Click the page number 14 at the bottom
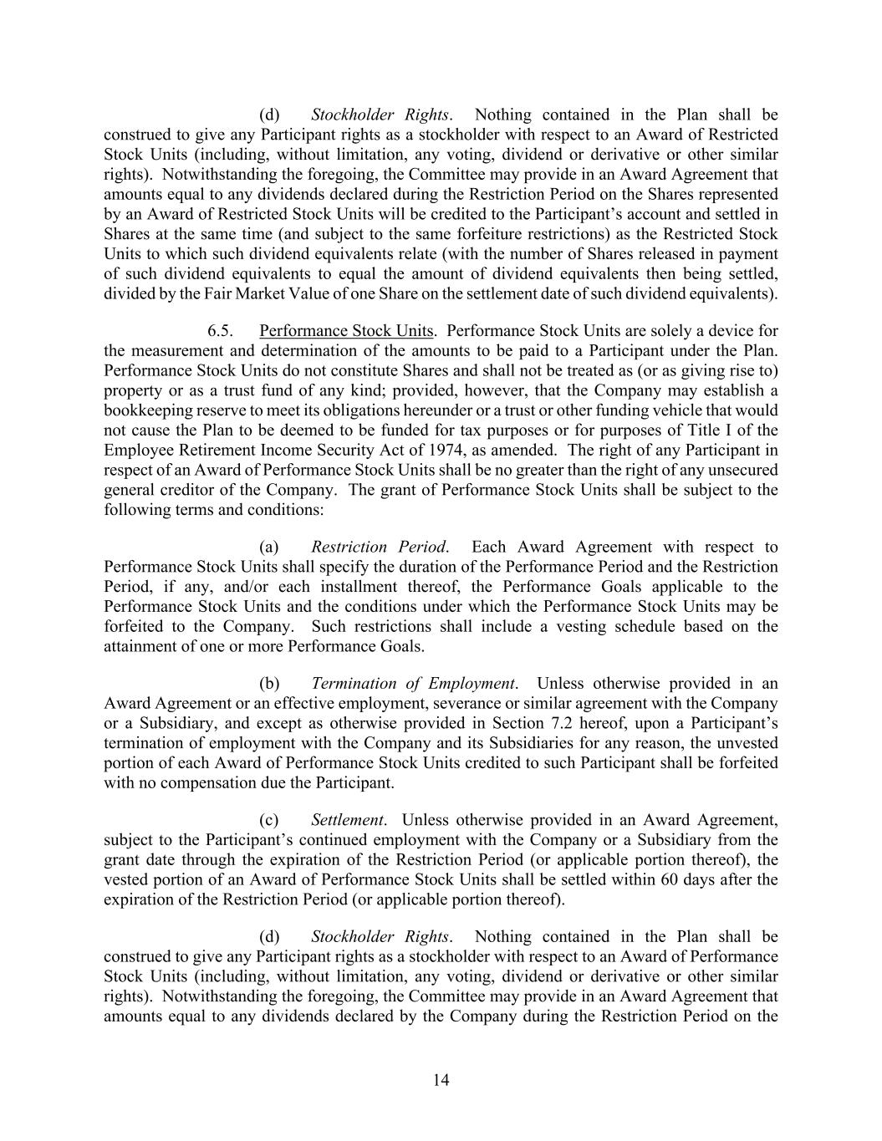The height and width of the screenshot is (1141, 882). [x=441, y=1080]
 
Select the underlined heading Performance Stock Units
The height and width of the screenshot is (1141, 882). [x=346, y=330]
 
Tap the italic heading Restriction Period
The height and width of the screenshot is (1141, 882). [x=379, y=547]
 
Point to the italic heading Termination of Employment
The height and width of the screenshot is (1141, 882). [x=413, y=683]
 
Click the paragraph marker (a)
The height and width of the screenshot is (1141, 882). [x=269, y=547]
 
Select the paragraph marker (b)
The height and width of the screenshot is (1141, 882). [x=269, y=683]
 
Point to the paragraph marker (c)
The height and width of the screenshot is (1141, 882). [x=269, y=819]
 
